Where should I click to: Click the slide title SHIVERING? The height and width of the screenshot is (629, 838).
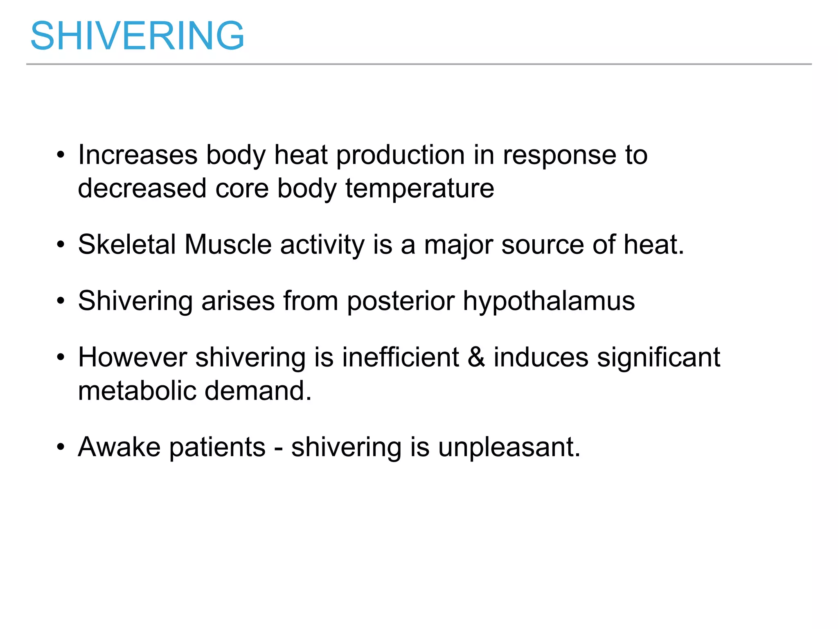137,36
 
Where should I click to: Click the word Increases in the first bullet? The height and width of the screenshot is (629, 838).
138,155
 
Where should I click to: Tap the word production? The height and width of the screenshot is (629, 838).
400,156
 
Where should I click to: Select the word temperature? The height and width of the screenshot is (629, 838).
420,189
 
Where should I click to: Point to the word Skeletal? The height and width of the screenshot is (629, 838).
127,244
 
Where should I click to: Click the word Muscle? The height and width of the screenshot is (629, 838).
228,244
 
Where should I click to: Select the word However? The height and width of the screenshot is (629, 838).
133,357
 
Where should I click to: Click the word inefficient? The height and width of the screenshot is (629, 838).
401,357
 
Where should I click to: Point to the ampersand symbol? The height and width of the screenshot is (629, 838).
476,357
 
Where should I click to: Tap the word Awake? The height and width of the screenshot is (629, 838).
119,447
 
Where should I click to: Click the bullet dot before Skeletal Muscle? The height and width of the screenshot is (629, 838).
61,245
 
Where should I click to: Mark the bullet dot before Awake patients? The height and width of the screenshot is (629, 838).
61,447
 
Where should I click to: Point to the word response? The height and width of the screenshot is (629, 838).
559,156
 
